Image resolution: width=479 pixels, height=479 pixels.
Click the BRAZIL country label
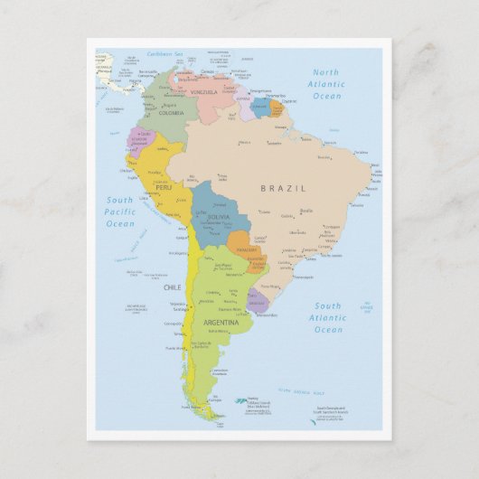(283, 188)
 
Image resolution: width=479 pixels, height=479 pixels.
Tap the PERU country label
(163, 188)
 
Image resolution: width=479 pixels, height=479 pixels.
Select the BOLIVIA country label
(218, 218)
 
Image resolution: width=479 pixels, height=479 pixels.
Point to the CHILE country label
(172, 287)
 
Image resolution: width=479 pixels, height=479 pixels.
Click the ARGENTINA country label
(221, 322)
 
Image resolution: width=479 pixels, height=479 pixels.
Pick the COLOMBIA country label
(171, 113)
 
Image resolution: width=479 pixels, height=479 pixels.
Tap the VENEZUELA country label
(204, 92)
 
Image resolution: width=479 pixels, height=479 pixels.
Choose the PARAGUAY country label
(246, 249)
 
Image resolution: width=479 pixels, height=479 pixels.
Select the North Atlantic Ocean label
(328, 83)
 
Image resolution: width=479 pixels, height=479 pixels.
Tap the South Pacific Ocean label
(119, 211)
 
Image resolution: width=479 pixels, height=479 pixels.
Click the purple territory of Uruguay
(258, 301)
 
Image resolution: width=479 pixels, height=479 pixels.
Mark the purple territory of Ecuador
(140, 140)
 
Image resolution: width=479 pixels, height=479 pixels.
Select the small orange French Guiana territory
(276, 109)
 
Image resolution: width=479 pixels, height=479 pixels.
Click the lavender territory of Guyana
(246, 108)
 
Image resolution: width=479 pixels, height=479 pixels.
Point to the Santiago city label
(181, 309)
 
